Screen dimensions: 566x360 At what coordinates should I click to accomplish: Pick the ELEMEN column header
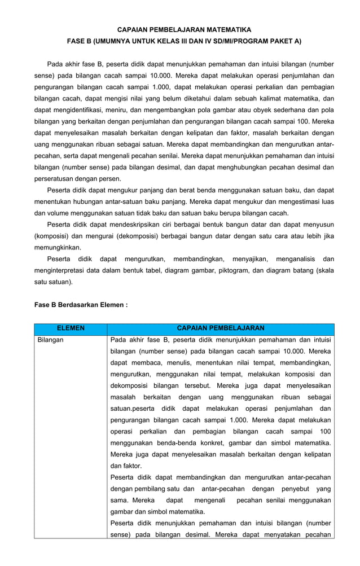[x=71, y=328]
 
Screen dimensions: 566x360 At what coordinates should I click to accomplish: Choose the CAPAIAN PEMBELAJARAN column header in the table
[x=221, y=328]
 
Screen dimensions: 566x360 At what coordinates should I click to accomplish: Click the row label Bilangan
[x=50, y=340]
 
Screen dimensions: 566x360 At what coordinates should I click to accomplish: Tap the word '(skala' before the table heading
[x=323, y=271]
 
